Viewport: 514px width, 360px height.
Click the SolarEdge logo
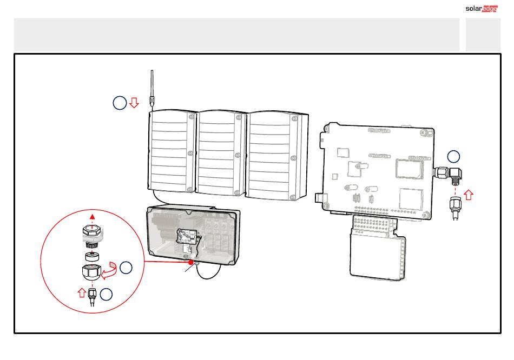(482, 9)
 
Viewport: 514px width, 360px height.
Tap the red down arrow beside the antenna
(134, 103)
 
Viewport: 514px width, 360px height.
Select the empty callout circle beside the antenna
(120, 103)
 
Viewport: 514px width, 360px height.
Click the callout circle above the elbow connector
(454, 157)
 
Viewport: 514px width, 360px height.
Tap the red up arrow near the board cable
(469, 195)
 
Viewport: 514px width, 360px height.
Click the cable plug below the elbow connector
(456, 208)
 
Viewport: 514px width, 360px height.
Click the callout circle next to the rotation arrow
(126, 268)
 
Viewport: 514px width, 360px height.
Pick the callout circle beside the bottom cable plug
(106, 294)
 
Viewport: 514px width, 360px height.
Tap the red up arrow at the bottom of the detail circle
(82, 292)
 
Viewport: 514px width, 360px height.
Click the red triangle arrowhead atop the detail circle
(93, 217)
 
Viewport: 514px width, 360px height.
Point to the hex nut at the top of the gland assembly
(91, 231)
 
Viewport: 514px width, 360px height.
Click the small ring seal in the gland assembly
(92, 256)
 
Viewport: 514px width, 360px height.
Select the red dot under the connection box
(191, 262)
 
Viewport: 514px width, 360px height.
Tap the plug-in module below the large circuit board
(377, 248)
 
